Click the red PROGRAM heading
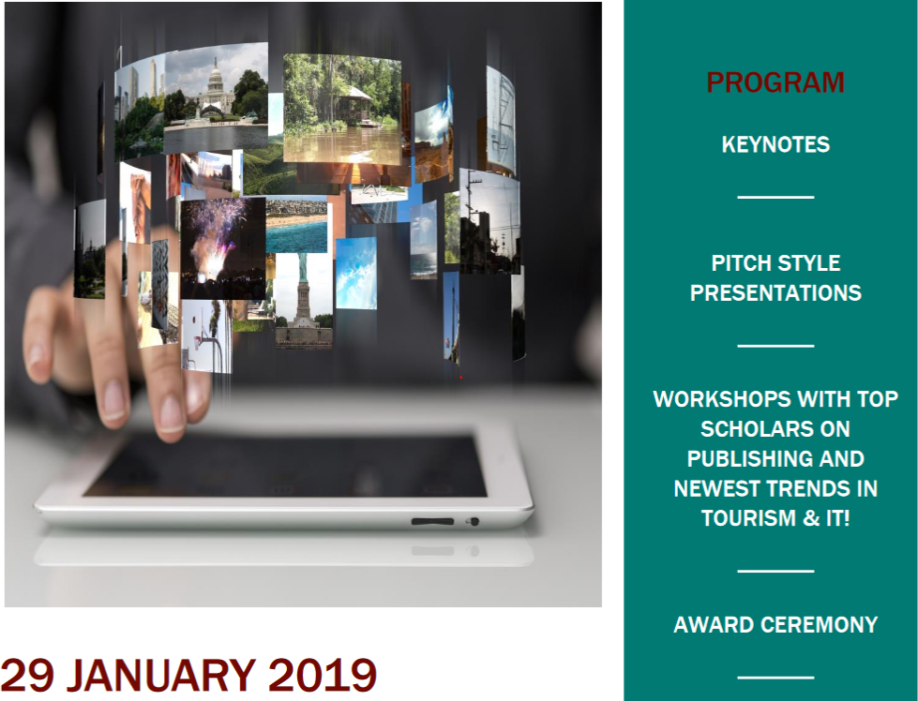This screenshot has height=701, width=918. (x=775, y=82)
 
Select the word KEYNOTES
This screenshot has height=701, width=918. (x=775, y=144)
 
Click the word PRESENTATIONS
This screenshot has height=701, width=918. (x=775, y=292)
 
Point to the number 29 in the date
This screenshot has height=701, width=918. (x=27, y=676)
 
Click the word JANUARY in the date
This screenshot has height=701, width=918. (x=161, y=676)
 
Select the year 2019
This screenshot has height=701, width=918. (x=322, y=676)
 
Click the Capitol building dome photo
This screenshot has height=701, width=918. (x=216, y=98)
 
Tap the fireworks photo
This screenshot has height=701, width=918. (x=223, y=248)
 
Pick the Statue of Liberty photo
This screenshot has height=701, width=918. (x=304, y=300)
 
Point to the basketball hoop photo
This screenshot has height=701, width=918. (x=206, y=336)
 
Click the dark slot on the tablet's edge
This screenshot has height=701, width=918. (x=432, y=521)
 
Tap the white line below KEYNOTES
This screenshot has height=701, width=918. (x=775, y=197)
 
